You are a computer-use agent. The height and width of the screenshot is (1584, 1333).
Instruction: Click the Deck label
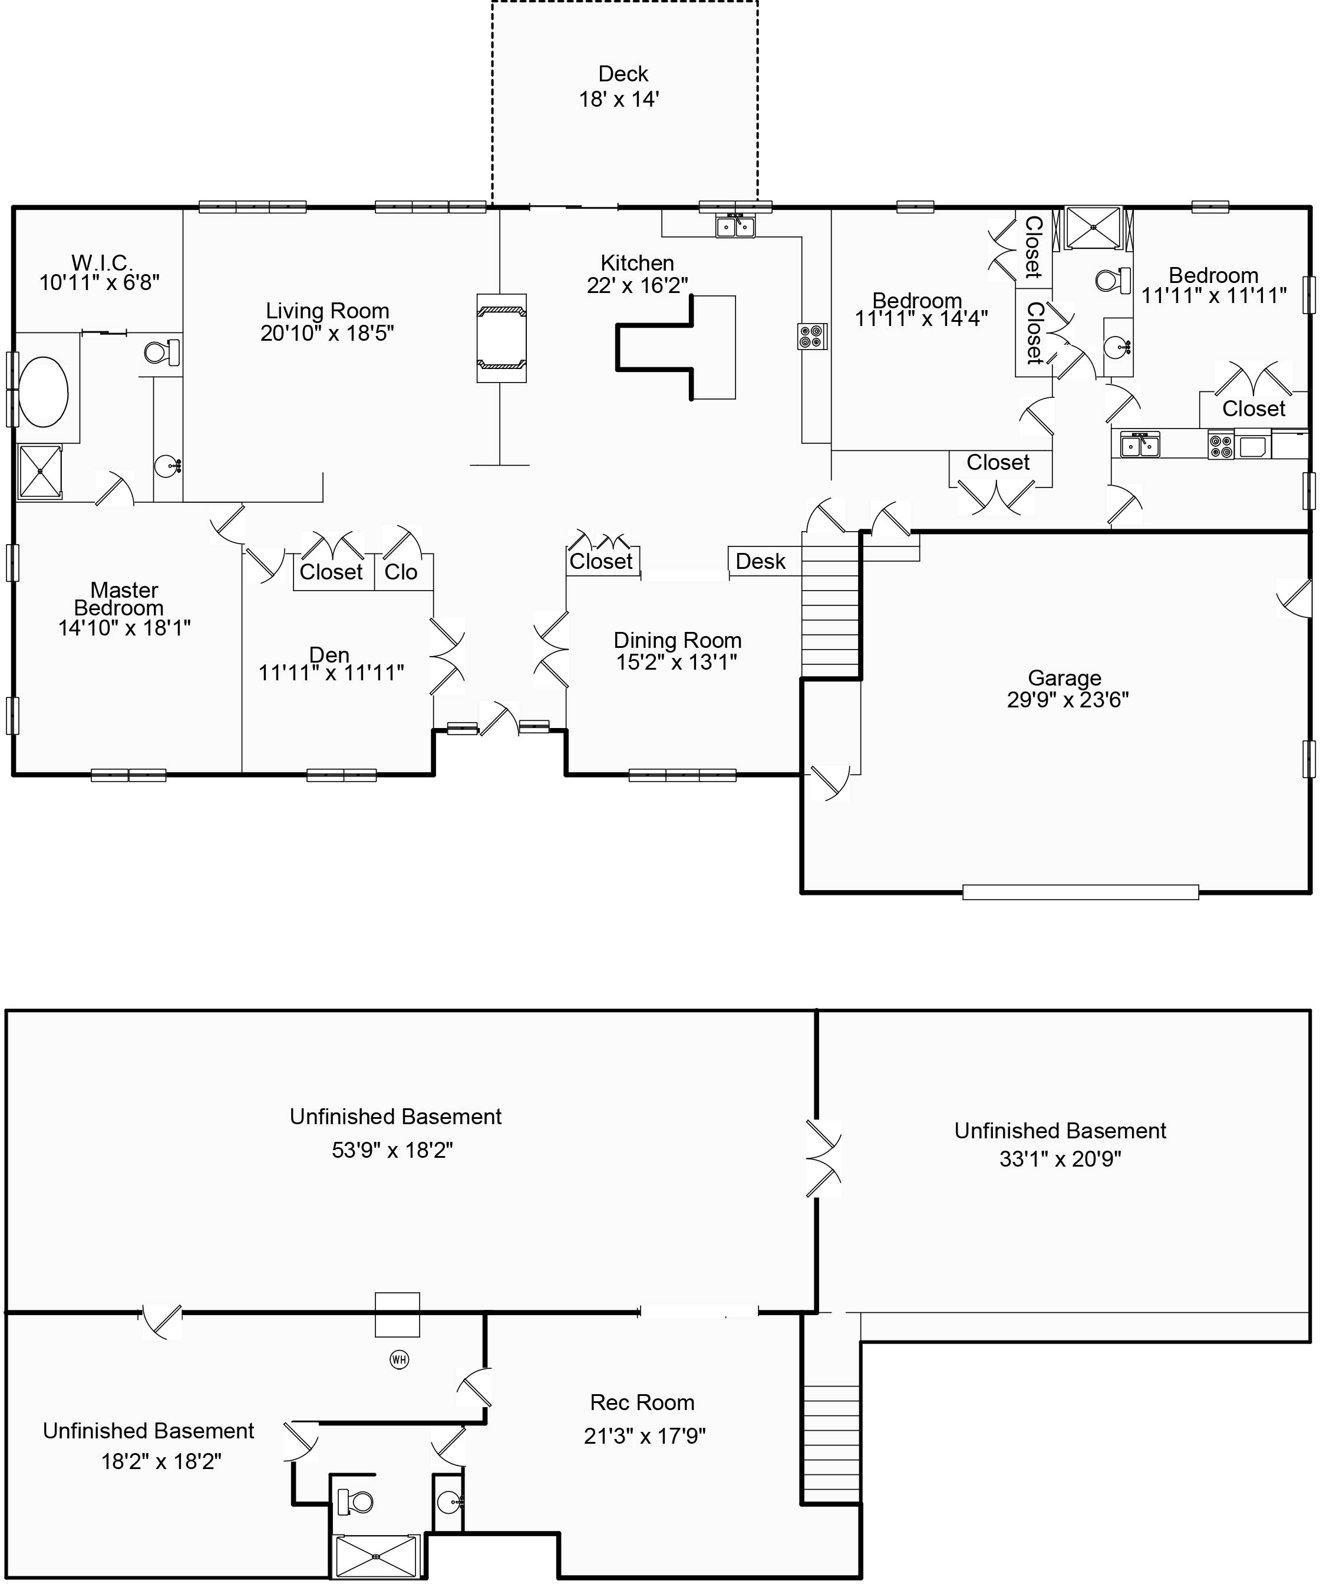coord(623,74)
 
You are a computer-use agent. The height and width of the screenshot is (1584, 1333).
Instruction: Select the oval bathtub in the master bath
coord(43,392)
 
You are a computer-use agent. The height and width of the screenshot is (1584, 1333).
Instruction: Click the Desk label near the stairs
coord(760,562)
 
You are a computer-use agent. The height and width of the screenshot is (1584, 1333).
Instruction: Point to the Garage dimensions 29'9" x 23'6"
coord(1068,700)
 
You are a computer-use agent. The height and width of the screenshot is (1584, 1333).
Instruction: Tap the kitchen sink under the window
coord(735,225)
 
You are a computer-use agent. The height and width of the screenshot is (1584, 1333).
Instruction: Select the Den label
coord(329,654)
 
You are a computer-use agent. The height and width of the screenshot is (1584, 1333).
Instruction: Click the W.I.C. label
coord(102,263)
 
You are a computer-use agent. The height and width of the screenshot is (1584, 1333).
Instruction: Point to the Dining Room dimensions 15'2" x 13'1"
coord(677,662)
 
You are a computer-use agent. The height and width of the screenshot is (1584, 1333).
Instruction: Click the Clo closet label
coord(401,572)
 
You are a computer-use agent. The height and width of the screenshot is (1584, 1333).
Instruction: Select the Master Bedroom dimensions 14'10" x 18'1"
coord(125,627)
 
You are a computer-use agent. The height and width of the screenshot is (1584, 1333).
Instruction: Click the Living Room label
coord(327,311)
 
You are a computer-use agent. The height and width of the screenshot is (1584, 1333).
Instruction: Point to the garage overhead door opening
coord(1081,893)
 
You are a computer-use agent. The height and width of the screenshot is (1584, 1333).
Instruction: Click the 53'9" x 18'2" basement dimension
coord(392,1150)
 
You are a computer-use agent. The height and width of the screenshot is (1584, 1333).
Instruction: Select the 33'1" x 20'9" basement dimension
coord(1060,1158)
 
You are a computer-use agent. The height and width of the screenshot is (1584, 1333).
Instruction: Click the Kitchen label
coord(637,263)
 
